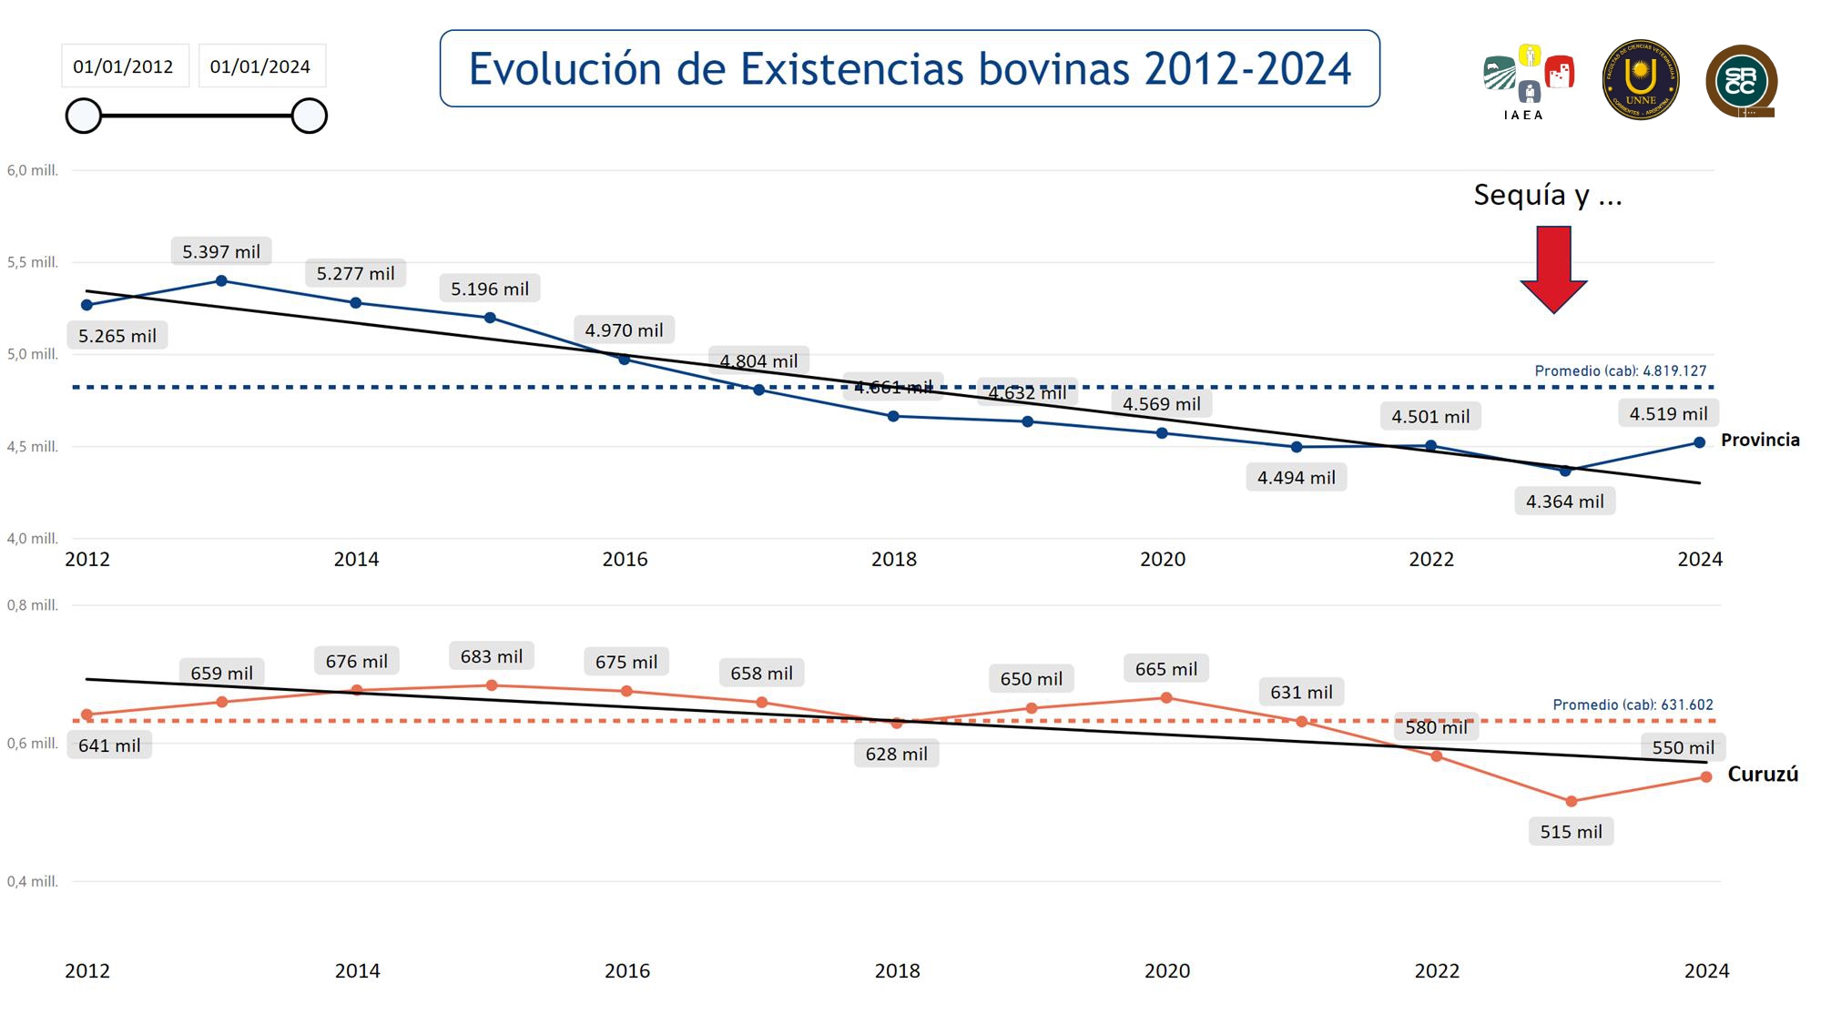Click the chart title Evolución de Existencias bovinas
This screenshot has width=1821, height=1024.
point(910,69)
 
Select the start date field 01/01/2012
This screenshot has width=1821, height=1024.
point(124,66)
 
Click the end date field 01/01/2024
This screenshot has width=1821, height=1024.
point(260,66)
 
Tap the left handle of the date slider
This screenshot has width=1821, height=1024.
point(84,117)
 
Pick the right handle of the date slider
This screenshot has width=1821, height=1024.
point(310,117)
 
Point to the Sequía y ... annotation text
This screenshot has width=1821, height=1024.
point(1548,195)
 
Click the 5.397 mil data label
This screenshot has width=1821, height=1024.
point(221,252)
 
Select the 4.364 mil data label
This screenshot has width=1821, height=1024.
point(1564,502)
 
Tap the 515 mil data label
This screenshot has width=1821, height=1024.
point(1571,832)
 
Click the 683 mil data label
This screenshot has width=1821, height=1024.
point(492,656)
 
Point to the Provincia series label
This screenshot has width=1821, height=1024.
point(1760,441)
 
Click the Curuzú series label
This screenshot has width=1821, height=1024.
point(1763,775)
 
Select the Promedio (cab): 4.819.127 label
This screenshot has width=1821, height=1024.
point(1621,371)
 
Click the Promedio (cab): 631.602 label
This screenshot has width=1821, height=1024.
point(1633,705)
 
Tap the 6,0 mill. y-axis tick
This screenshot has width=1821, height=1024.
point(33,171)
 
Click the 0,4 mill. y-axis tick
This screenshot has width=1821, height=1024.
point(33,882)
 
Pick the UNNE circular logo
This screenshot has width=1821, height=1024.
point(1641,80)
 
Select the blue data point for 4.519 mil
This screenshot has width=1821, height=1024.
point(1699,443)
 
